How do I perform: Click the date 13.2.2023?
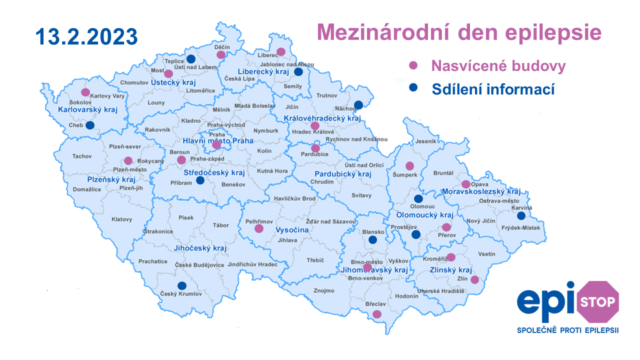tap(86, 36)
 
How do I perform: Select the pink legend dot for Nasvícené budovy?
tap(413, 65)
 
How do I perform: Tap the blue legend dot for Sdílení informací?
tap(413, 88)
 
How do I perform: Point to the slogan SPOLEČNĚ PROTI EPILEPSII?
tap(567, 330)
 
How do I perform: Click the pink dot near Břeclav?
tap(377, 314)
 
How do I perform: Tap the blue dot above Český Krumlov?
tap(182, 286)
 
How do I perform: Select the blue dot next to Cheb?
tap(89, 125)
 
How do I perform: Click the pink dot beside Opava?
tap(466, 184)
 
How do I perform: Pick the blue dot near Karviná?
tap(521, 216)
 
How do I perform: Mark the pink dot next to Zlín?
tap(475, 280)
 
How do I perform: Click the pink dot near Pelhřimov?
tap(259, 228)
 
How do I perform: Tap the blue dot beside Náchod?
tap(358, 105)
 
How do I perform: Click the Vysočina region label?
tap(292, 230)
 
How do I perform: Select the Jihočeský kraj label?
tap(200, 248)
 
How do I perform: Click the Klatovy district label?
tap(122, 219)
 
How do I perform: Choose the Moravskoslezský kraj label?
tap(481, 191)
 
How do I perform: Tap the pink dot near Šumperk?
tap(410, 166)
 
